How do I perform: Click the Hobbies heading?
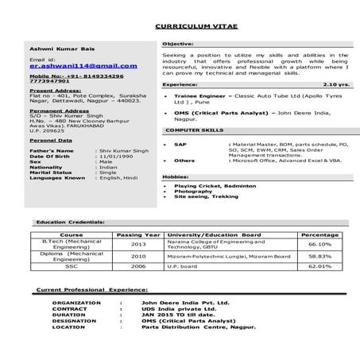176,176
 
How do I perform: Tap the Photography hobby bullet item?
194,192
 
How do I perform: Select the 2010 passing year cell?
137,257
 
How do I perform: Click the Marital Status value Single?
106,172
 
